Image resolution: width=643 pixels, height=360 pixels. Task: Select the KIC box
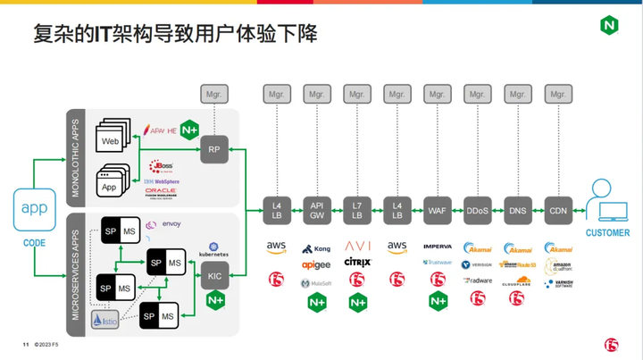coord(214,275)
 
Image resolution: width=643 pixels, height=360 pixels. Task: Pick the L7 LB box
coord(356,210)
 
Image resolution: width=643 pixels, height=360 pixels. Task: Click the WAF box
coord(437,210)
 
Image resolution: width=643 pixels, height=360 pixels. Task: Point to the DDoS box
coord(477,210)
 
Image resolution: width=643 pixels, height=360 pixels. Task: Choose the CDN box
coord(557,210)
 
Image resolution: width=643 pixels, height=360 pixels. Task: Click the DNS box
coord(517,210)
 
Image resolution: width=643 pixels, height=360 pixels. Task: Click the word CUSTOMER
coord(606,233)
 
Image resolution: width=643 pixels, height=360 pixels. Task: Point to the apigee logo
coord(317,265)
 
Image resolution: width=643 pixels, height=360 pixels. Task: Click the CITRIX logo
coord(357,263)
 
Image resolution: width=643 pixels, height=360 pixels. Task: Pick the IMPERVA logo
coord(437,247)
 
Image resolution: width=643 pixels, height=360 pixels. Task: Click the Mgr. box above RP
coord(214,93)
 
